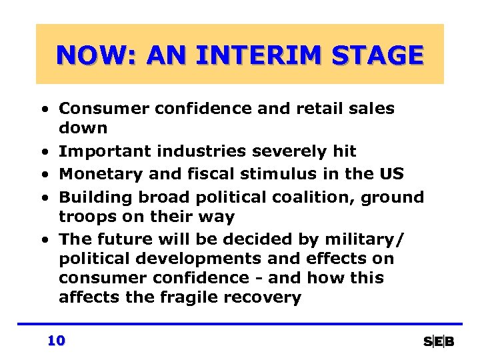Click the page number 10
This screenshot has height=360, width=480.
point(56,341)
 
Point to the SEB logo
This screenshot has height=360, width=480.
point(439,342)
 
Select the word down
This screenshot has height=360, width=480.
point(83,127)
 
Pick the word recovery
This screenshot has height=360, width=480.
point(269,297)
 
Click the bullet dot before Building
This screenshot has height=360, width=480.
point(43,198)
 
